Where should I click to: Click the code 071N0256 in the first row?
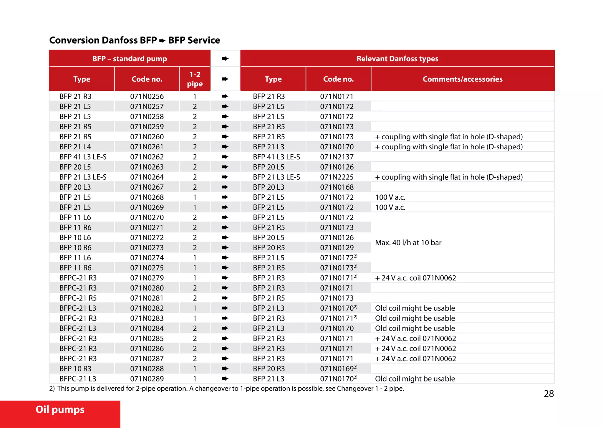[x=147, y=96]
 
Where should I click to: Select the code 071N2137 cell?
[x=337, y=157]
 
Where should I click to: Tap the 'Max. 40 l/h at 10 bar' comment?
[x=408, y=243]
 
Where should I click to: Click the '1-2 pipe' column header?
[x=195, y=79]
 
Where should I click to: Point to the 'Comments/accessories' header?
[x=462, y=79]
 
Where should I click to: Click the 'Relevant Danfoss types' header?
[x=397, y=59]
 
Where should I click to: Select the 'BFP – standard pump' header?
[x=130, y=59]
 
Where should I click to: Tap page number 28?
[x=549, y=394]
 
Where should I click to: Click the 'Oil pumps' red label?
[x=60, y=410]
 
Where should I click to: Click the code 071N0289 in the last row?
[x=147, y=379]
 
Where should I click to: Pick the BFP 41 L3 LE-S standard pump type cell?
[x=83, y=157]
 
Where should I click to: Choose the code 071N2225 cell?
[x=337, y=177]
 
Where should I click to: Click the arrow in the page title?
[x=162, y=41]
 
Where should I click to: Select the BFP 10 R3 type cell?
[x=75, y=369]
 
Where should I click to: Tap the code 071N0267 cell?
[x=147, y=187]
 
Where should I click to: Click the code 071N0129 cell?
[x=337, y=248]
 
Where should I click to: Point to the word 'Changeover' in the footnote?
[x=355, y=389]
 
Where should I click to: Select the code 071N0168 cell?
[x=337, y=187]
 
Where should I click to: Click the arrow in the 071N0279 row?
[x=225, y=278]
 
